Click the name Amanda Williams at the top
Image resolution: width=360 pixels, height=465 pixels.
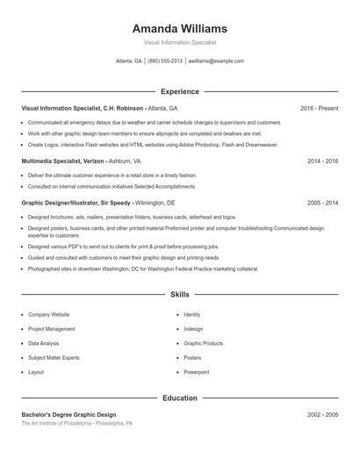click(179, 29)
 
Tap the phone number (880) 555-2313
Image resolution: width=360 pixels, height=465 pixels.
click(165, 61)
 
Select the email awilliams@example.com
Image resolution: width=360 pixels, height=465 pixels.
click(216, 61)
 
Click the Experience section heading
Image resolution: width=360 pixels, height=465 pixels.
click(179, 91)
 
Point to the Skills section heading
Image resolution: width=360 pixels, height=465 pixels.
click(179, 294)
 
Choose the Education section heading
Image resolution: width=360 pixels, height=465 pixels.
click(179, 397)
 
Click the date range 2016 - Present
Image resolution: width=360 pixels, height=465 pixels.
click(319, 108)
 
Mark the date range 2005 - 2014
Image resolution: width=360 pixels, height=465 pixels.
click(322, 203)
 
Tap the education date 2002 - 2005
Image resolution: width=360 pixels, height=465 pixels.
click(322, 414)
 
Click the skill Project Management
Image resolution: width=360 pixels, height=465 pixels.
click(51, 329)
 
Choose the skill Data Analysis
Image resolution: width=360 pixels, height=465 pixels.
click(44, 343)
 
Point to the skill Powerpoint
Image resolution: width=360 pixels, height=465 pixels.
click(197, 372)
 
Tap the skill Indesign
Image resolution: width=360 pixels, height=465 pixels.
click(193, 329)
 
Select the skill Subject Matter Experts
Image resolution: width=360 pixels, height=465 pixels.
click(54, 358)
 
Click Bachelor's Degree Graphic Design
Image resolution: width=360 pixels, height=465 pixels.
click(68, 414)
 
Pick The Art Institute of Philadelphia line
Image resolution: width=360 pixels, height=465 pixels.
click(77, 423)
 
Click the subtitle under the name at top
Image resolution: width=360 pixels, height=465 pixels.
click(179, 42)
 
